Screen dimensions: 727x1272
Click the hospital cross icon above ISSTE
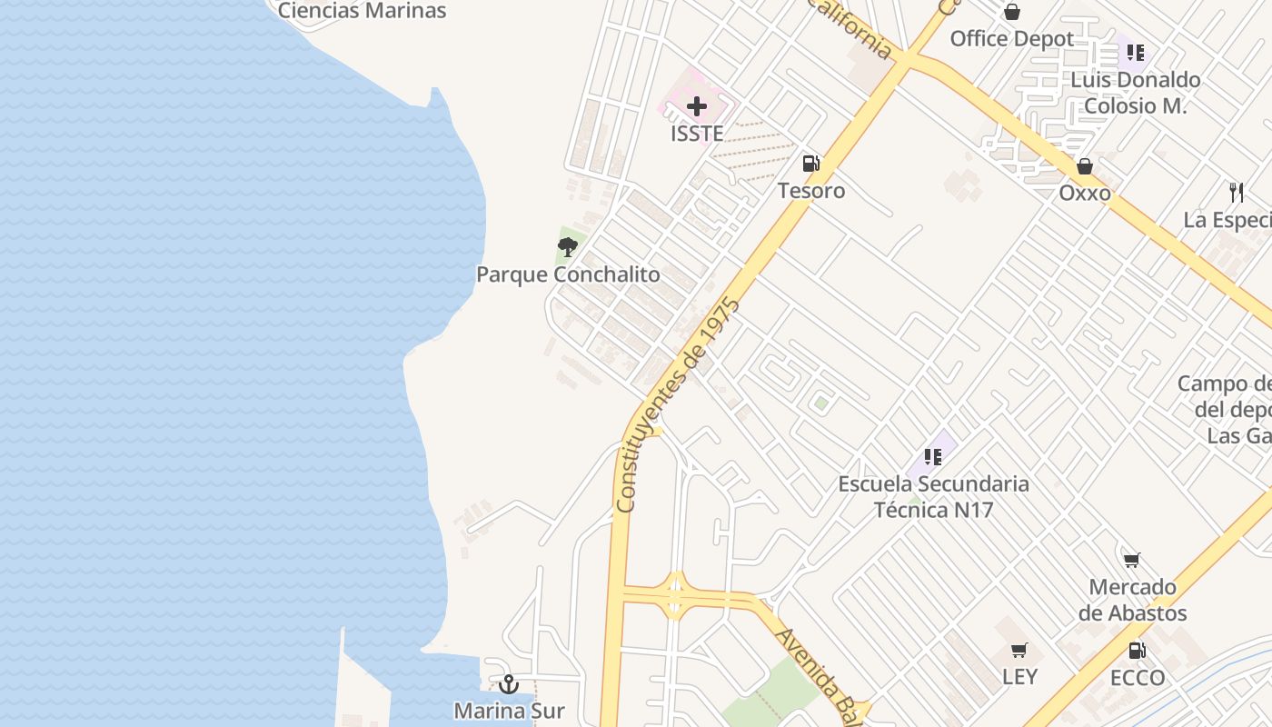(697, 107)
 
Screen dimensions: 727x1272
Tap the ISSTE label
(697, 134)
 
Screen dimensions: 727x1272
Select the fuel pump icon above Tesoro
(810, 164)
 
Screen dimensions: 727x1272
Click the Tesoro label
(810, 191)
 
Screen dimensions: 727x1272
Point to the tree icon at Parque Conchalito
(568, 246)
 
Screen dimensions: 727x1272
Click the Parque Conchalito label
(568, 274)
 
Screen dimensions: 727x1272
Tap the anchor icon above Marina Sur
(509, 683)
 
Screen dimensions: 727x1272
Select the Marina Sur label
(509, 711)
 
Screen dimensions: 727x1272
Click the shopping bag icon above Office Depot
(1011, 12)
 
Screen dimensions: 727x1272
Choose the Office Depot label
(1011, 39)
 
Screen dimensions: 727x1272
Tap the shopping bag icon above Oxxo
(1084, 166)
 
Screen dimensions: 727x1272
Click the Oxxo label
(1084, 194)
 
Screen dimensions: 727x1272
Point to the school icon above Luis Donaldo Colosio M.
(1135, 53)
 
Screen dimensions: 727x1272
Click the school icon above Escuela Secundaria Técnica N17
(932, 456)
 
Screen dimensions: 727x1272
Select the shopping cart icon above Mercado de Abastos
(1131, 561)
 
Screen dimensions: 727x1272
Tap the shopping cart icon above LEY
(1019, 651)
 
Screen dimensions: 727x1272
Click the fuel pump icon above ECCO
(1137, 651)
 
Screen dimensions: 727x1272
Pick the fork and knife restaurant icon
(1236, 193)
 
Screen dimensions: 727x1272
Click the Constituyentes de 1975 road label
(677, 404)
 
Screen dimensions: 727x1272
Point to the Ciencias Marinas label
(362, 11)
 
